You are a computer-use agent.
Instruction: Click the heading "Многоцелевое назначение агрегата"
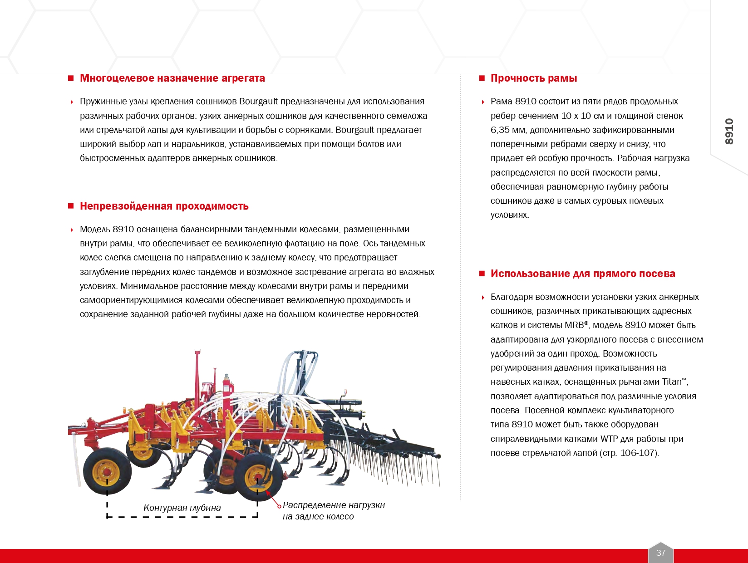point(172,78)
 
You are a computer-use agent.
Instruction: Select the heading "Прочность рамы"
point(533,78)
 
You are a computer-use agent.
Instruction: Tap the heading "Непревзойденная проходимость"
point(164,206)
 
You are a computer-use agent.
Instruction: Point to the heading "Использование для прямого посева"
point(582,274)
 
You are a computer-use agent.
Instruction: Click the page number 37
point(661,553)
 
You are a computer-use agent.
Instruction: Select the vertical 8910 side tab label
point(729,132)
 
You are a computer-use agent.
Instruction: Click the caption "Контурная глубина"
point(182,508)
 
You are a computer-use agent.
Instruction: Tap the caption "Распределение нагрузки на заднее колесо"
point(333,510)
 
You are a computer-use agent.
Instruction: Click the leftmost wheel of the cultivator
point(107,472)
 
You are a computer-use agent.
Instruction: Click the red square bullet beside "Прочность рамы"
point(482,78)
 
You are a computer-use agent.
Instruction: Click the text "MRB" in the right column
point(574,325)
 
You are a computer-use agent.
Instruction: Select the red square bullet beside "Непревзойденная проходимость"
point(71,206)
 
